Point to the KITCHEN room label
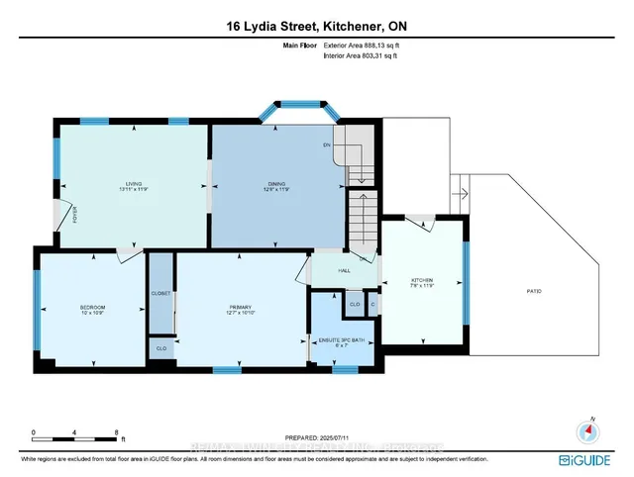423,281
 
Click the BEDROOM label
92,308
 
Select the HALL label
345,269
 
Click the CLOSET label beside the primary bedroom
161,294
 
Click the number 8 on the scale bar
117,432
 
